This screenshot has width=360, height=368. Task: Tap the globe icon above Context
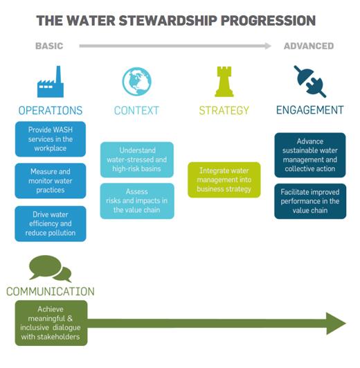pos(137,82)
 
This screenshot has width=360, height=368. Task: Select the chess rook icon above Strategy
pos(224,82)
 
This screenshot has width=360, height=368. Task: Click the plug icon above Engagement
pos(310,81)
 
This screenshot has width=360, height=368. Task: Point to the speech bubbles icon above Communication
pos(50,268)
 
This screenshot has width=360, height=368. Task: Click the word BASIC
pos(49,46)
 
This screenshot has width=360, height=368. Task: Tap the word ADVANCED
pos(309,46)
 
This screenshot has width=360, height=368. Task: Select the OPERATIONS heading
pos(51,110)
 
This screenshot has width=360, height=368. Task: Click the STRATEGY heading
pos(224,110)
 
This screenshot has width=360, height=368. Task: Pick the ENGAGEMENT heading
pos(310,109)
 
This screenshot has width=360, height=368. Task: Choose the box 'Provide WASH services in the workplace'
pos(51,139)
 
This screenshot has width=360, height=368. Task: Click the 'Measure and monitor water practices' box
pos(51,181)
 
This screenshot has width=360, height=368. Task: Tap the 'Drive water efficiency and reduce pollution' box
pos(51,224)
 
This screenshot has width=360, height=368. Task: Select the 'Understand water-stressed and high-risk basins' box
pos(137,159)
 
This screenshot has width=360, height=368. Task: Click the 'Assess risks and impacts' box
pos(137,201)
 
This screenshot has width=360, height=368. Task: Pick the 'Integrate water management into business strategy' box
pos(224,179)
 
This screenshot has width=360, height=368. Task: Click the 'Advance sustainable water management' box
pos(310,155)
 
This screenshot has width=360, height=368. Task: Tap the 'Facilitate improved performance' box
pos(310,201)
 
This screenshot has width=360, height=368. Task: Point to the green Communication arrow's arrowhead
pos(336,323)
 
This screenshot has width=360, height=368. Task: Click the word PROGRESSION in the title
pos(268,20)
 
